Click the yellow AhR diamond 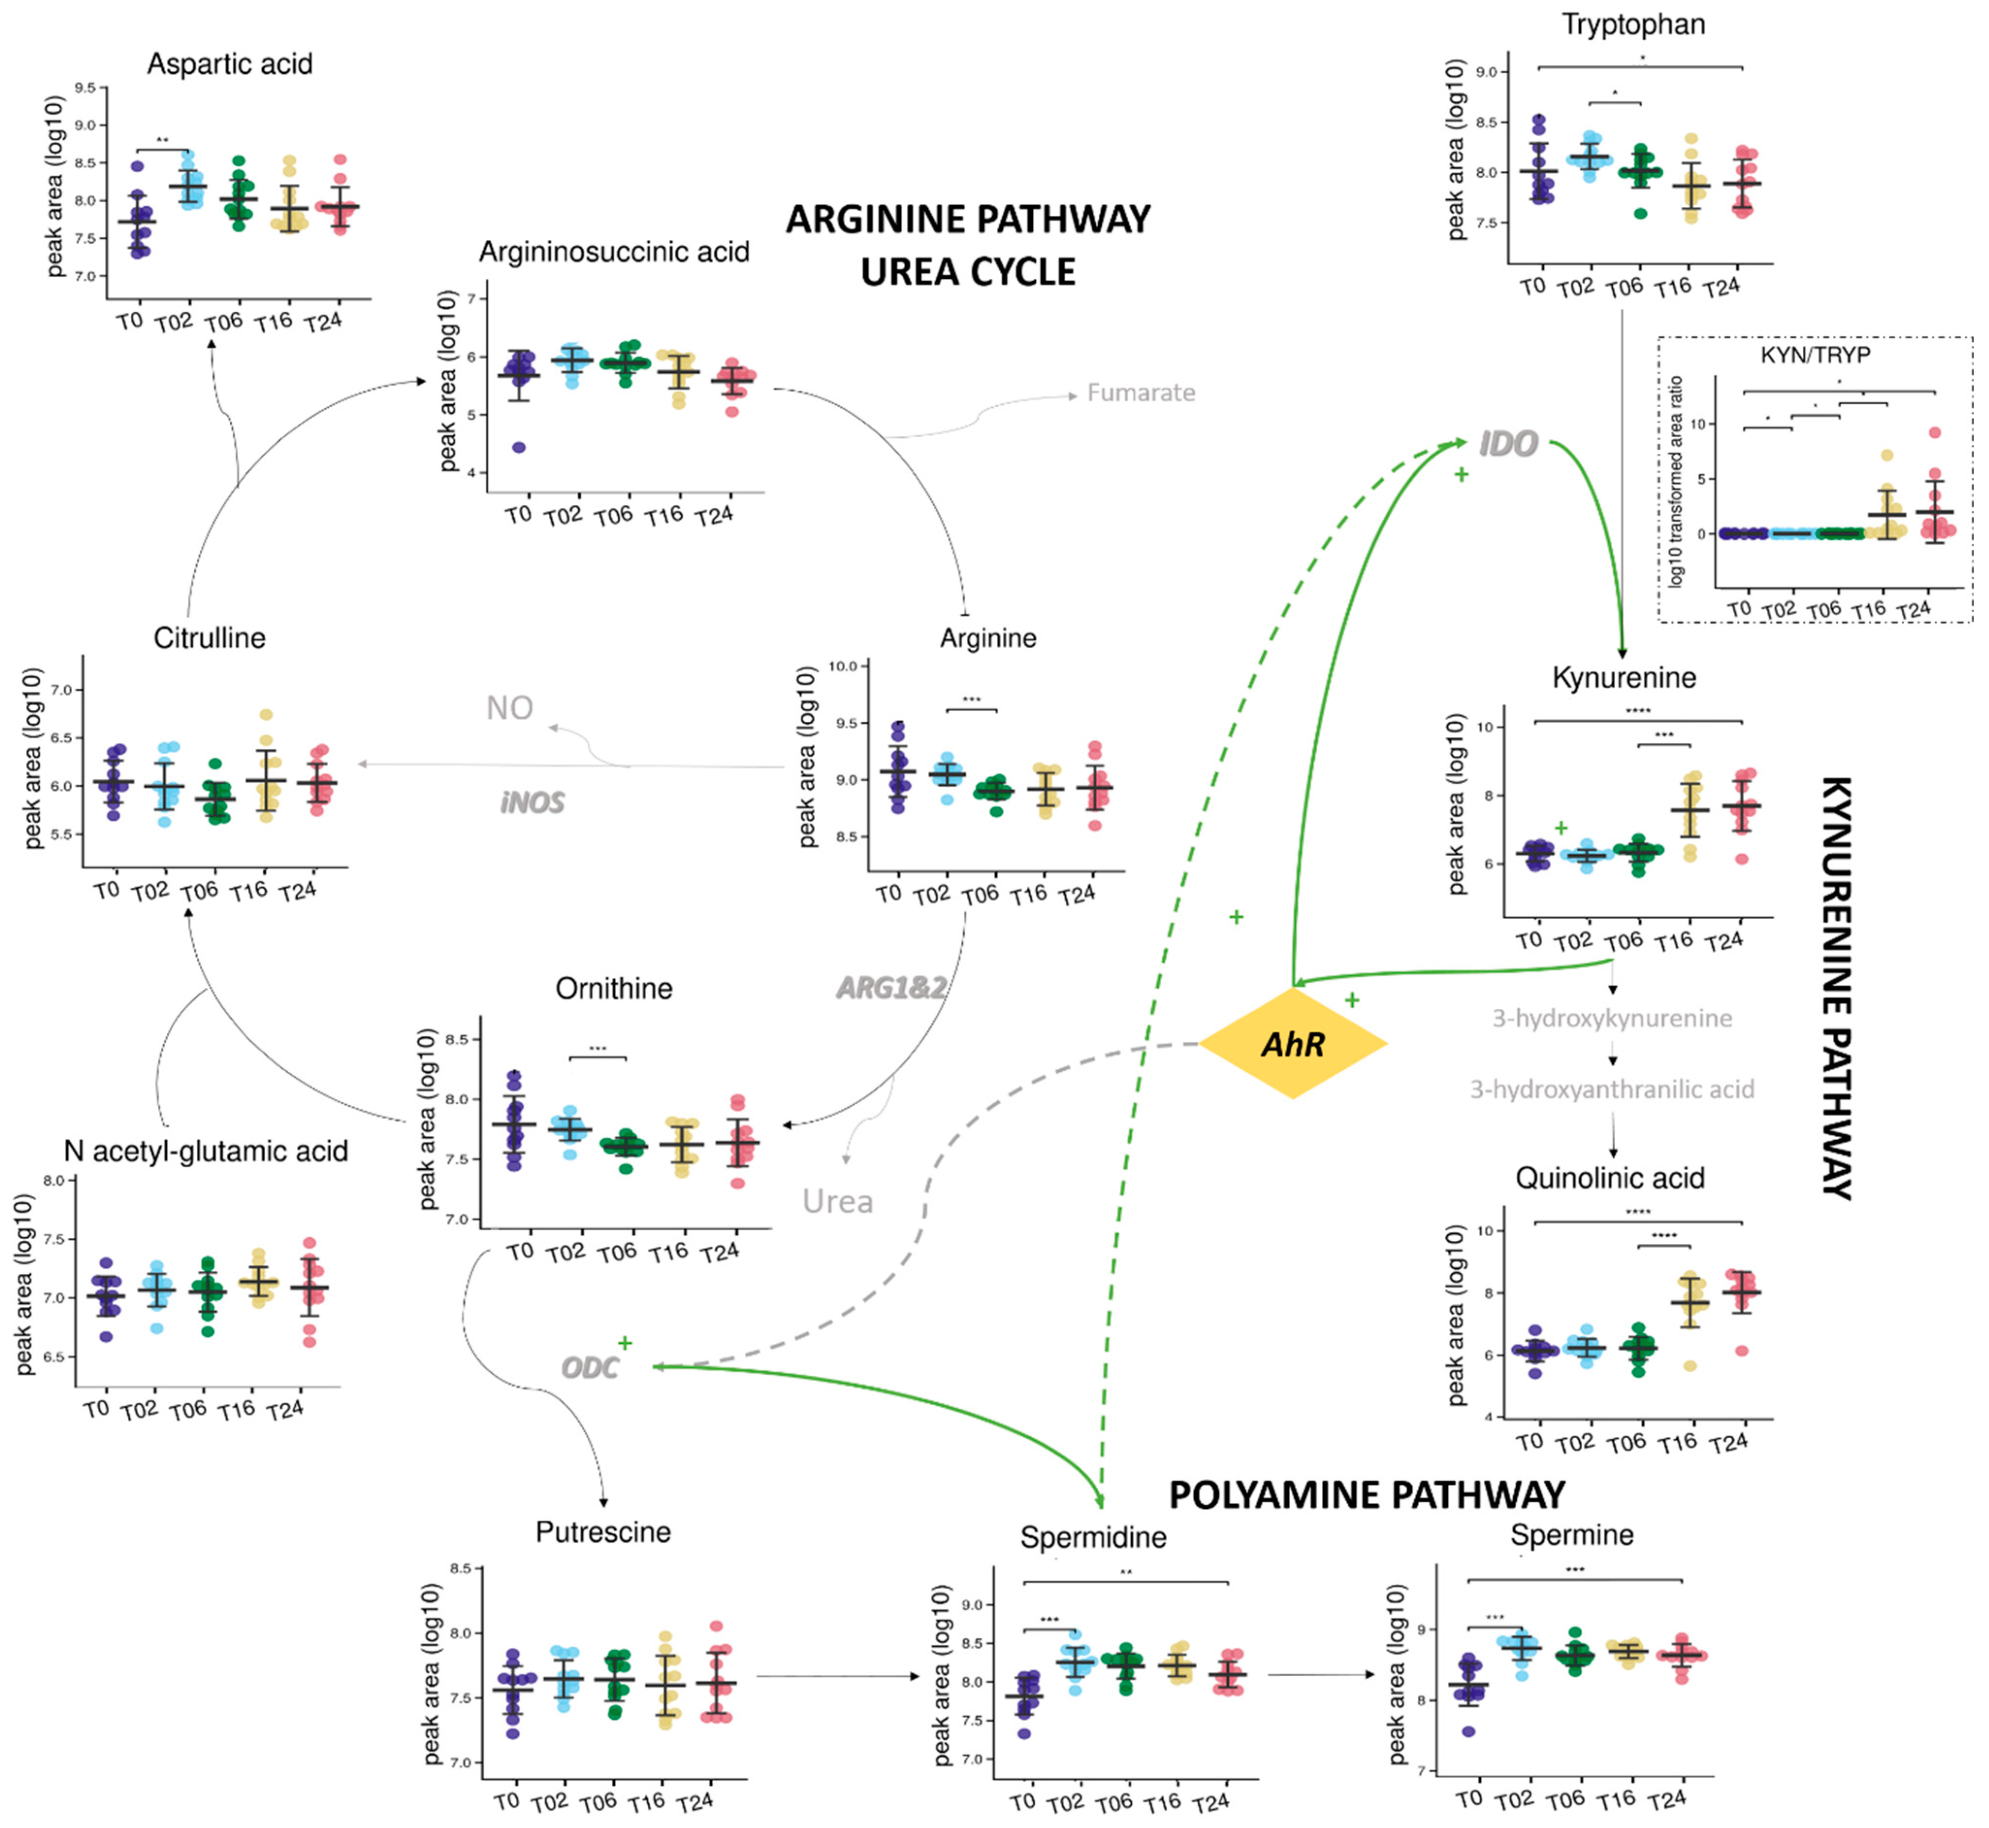[x=1292, y=1044]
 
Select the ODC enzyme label [x=590, y=1368]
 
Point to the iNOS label [x=532, y=802]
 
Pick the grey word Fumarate [x=1141, y=393]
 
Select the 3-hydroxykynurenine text [x=1612, y=1018]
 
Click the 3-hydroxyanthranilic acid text [x=1612, y=1089]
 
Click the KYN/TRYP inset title [x=1815, y=354]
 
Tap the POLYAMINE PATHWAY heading [x=1366, y=1494]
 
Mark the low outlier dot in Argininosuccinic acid [x=518, y=447]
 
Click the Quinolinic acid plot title [x=1610, y=1178]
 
